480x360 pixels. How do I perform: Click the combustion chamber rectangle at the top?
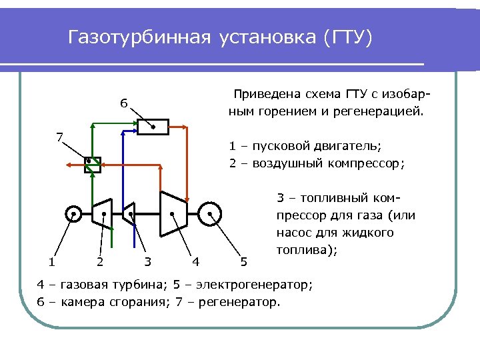click(153, 127)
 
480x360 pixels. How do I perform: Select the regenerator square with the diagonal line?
click(91, 163)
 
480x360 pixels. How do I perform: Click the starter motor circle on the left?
click(73, 214)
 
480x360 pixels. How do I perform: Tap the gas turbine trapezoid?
click(173, 213)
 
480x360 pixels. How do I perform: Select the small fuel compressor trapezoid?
click(129, 213)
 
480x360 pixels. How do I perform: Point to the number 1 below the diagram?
click(51, 261)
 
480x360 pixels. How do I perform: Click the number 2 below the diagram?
click(99, 261)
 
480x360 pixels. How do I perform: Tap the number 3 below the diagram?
click(147, 261)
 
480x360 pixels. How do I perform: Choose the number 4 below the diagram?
click(195, 261)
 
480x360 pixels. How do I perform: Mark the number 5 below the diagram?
click(243, 261)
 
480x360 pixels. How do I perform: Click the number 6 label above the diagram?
click(123, 104)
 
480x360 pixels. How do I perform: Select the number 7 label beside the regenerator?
click(59, 138)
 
